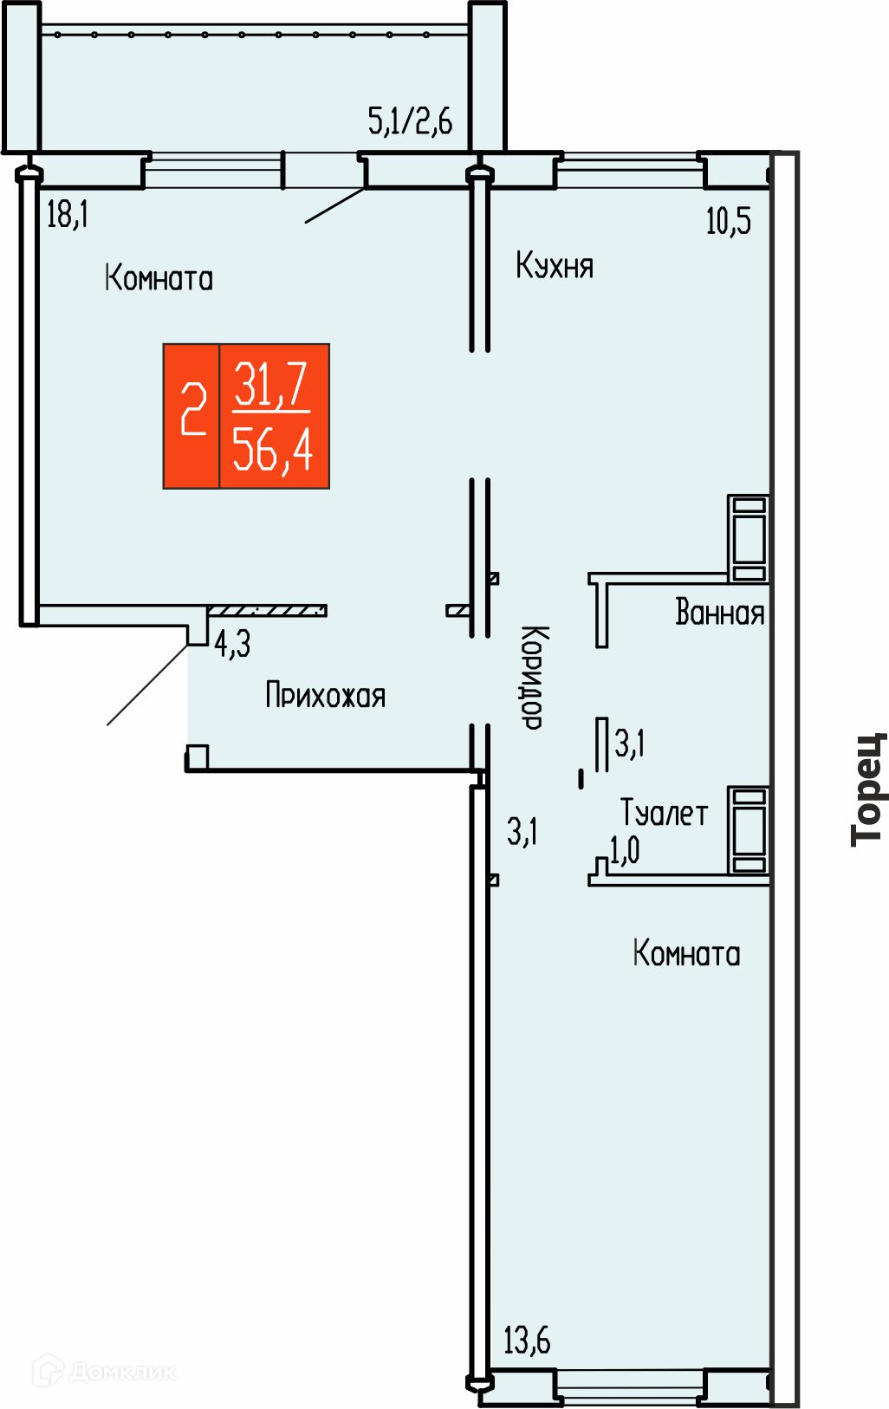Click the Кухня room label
555,265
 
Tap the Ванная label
720,612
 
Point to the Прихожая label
325,695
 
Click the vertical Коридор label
534,677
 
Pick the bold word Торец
869,789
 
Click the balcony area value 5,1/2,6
410,120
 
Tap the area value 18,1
68,214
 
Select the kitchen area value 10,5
729,221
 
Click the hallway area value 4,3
232,644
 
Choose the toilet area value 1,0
624,850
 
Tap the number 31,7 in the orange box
270,384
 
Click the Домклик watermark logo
105,1371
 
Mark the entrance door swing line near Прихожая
147,685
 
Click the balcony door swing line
334,205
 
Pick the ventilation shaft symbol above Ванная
748,538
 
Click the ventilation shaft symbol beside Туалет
748,829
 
